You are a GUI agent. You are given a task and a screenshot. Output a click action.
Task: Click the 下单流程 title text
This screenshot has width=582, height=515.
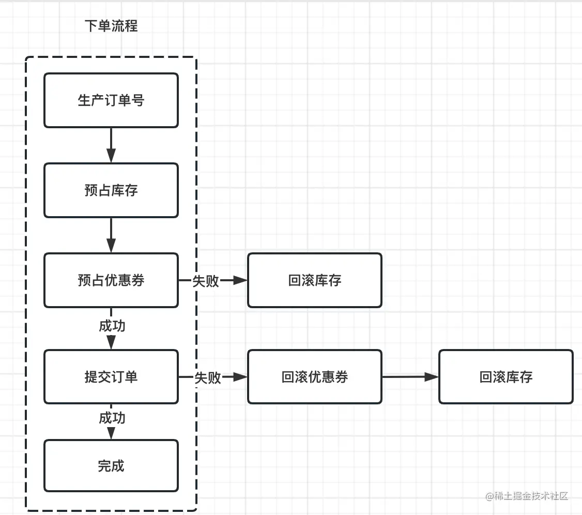coord(111,26)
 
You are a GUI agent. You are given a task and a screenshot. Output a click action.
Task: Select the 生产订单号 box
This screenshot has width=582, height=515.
coord(111,100)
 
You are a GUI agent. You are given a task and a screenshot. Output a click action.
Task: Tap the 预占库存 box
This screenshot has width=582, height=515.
coord(111,190)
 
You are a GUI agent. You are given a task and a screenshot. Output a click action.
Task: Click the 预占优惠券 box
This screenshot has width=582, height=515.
coord(111,280)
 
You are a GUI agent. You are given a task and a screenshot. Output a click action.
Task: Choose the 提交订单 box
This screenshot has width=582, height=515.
coord(111,377)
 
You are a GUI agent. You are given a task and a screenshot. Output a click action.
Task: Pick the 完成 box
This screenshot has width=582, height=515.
coord(111,466)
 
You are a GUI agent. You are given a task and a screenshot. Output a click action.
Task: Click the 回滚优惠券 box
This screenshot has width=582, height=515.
coord(314,377)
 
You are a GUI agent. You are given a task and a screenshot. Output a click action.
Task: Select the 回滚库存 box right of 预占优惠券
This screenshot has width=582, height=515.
coord(314,280)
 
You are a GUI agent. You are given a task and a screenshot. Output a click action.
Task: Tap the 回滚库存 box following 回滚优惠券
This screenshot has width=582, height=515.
coord(506,377)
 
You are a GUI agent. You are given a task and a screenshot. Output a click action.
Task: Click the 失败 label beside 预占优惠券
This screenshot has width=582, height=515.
coord(206,281)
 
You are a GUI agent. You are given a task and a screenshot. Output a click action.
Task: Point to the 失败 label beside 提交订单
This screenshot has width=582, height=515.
coord(208,377)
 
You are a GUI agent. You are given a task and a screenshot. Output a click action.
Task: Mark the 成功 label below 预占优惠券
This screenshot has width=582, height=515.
coord(112,326)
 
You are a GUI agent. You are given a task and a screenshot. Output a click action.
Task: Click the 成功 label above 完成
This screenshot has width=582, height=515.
coord(112,417)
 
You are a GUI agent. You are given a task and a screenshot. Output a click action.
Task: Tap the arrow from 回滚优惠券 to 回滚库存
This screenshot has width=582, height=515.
coord(410,377)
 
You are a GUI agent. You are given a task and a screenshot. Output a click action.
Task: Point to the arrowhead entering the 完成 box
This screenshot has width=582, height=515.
coord(111,434)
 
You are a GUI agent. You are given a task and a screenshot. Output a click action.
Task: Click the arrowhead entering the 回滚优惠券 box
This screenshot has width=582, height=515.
coord(241,377)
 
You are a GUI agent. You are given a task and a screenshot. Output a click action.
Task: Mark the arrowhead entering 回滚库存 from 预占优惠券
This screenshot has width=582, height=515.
coord(241,280)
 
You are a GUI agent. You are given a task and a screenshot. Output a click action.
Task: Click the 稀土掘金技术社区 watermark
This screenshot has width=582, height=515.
coord(527,496)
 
